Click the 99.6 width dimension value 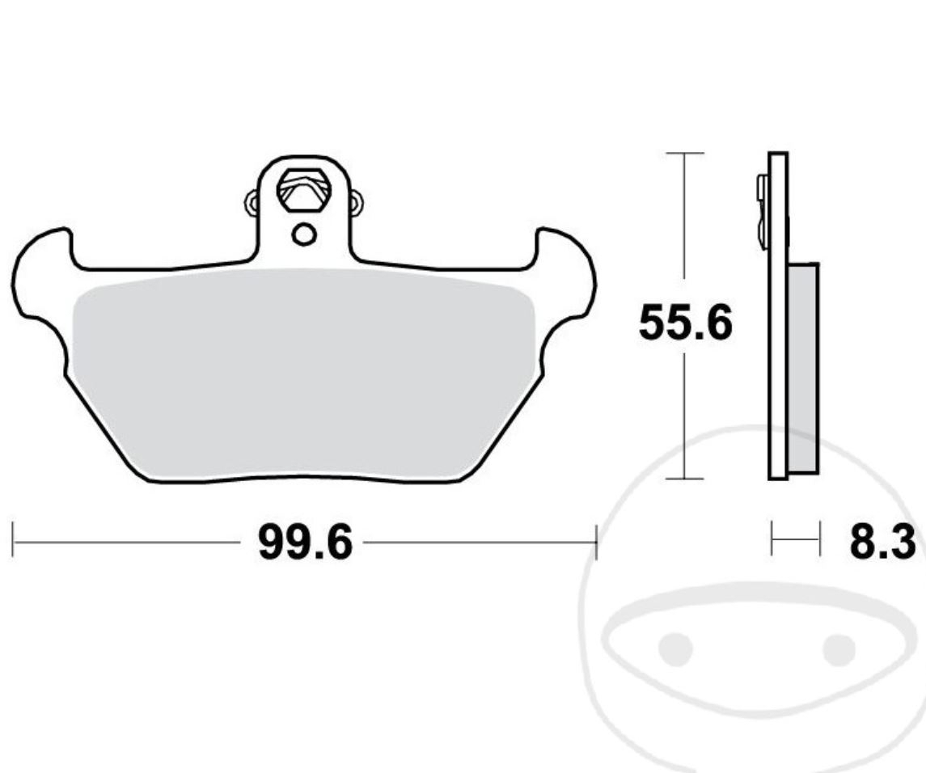coord(305,542)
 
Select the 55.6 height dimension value coord(685,323)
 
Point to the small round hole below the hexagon coord(304,234)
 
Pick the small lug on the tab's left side coord(252,200)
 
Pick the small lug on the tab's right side coord(356,200)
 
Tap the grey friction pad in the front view coord(303,372)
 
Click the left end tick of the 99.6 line coord(13,540)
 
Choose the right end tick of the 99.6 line coord(596,540)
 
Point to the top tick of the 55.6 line coord(685,153)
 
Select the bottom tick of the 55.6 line coord(685,479)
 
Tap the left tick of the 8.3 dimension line coord(772,539)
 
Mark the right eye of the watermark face coord(839,648)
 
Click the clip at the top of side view coord(762,210)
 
